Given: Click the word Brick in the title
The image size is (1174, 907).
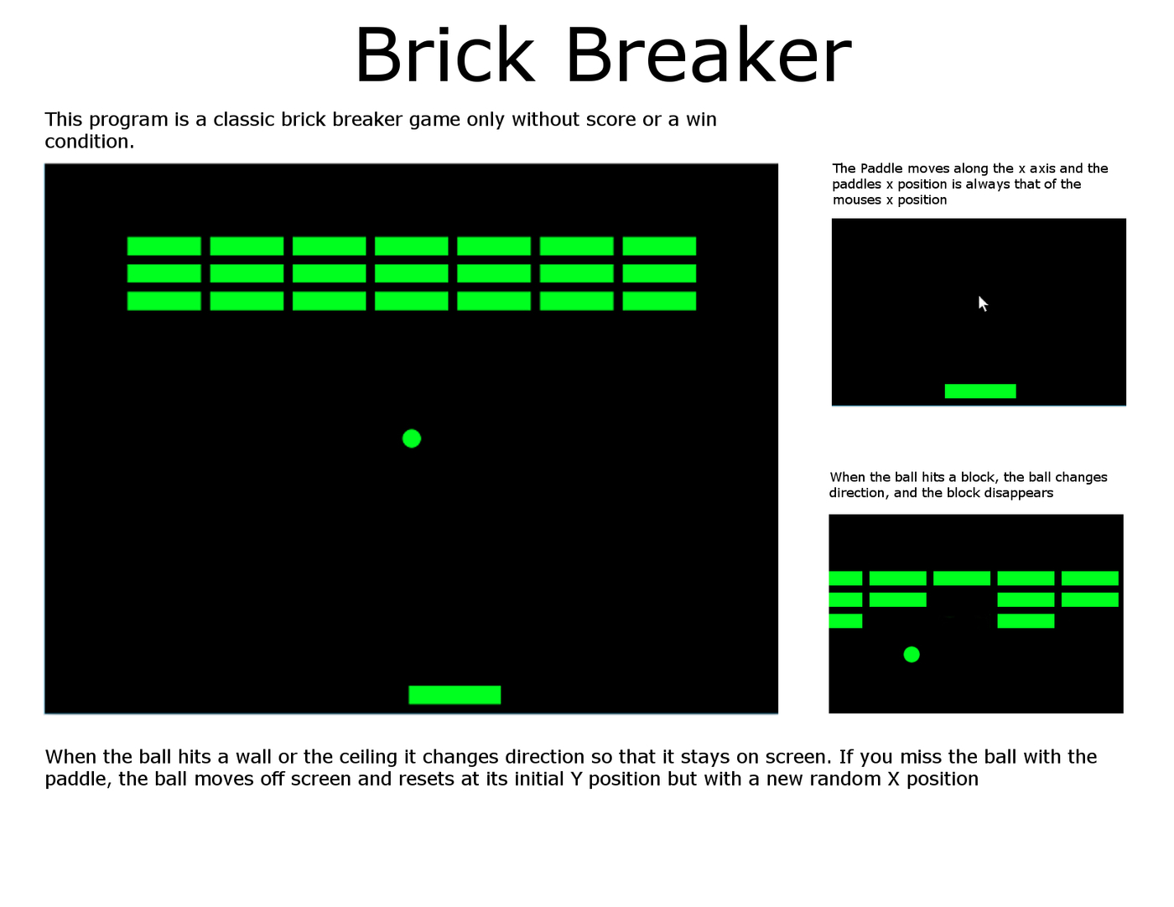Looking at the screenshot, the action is (444, 54).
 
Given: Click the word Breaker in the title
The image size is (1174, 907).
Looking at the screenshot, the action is (709, 54).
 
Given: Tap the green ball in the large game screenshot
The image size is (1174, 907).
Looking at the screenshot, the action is (412, 438).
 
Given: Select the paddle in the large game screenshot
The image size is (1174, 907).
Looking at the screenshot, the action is (455, 695).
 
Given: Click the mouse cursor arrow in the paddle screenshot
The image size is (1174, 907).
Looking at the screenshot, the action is (983, 303).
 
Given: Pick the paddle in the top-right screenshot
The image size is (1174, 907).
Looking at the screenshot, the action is (980, 391).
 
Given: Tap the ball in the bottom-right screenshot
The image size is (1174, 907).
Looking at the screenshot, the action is (912, 655).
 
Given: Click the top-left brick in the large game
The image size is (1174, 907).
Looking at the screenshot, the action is (164, 246).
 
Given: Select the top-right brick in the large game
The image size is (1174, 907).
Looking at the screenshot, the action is (659, 246).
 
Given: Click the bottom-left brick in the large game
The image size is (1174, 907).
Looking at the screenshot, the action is (164, 301).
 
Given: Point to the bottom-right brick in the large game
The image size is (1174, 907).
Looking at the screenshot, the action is (659, 301).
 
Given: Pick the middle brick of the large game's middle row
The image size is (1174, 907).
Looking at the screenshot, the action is (412, 273).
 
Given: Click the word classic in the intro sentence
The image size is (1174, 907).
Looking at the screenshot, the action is (244, 119).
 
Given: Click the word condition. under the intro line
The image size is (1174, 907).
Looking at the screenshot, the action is (89, 142).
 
